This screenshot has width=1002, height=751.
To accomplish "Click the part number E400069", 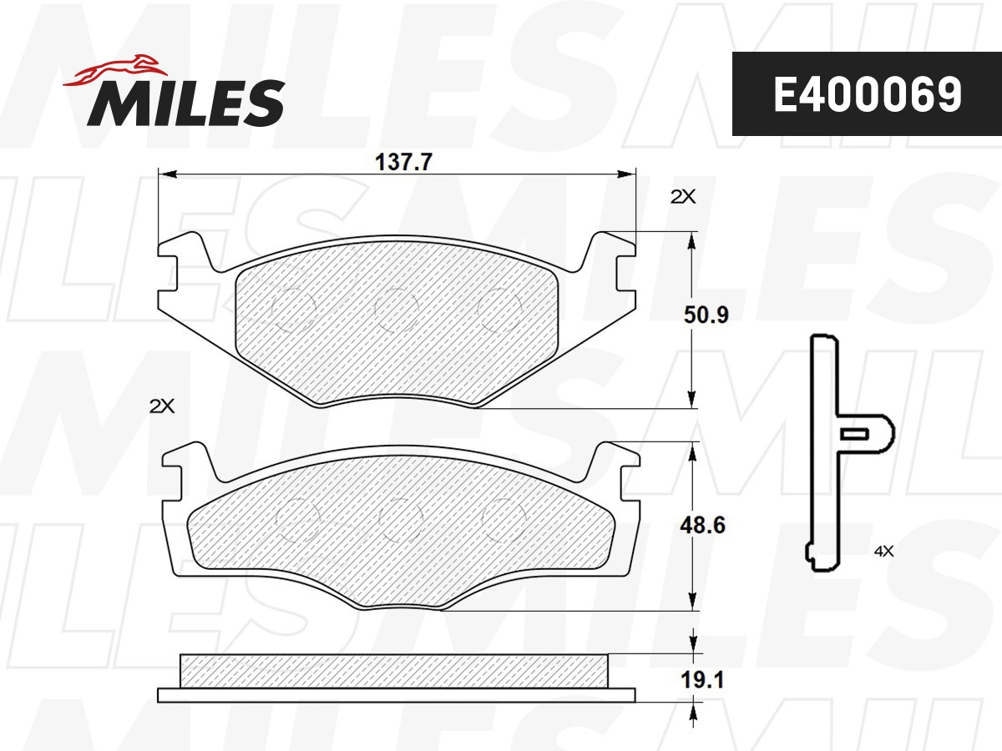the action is click(868, 94).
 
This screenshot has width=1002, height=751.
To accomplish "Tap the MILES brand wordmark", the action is click(186, 103).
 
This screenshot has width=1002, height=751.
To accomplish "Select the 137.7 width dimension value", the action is click(403, 162).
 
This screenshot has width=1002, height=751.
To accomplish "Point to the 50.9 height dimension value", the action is click(706, 315).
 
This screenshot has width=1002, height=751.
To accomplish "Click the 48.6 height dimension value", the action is click(702, 526).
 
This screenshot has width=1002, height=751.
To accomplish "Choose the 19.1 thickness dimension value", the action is click(702, 680).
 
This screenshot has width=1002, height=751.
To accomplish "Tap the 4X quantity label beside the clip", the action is click(883, 552).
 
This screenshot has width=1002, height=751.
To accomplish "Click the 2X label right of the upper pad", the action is click(683, 197).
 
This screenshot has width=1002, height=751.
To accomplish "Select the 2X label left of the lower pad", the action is click(162, 406).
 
